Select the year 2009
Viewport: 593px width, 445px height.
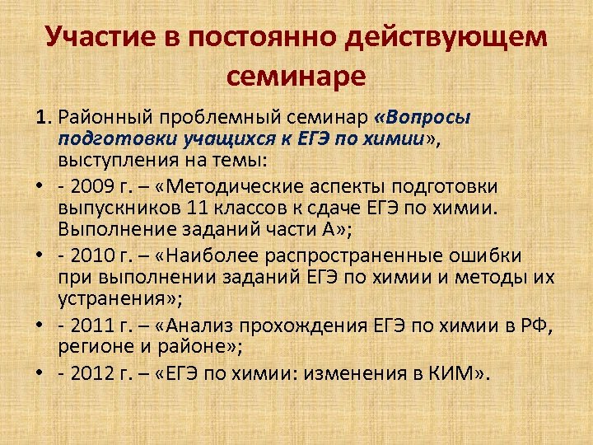point(87,187)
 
